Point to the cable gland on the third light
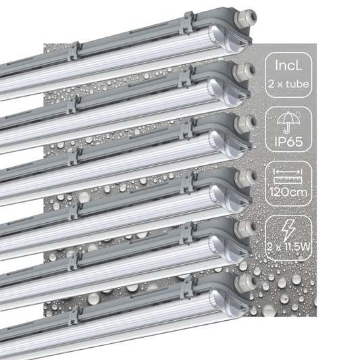242,123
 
